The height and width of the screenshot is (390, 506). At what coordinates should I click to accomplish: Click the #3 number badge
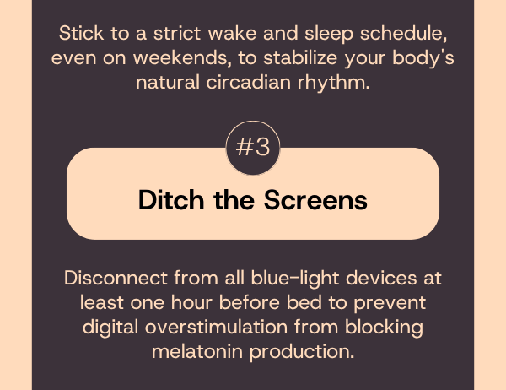click(x=253, y=148)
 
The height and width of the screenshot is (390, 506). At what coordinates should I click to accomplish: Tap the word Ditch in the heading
click(x=171, y=200)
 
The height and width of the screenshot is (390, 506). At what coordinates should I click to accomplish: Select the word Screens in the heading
click(x=315, y=200)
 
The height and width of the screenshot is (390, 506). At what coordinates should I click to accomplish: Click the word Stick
click(x=81, y=33)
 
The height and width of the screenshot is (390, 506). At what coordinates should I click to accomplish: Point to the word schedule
click(x=404, y=34)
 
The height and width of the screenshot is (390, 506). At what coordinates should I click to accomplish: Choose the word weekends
click(x=182, y=58)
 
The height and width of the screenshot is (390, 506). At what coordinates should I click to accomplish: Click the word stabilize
click(x=300, y=58)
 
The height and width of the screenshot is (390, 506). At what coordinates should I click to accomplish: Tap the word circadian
click(x=249, y=82)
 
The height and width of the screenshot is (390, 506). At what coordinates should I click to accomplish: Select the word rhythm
click(x=334, y=84)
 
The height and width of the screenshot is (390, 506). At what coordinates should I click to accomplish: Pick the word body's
click(x=423, y=58)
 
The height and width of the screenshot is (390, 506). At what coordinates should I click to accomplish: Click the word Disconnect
click(x=116, y=278)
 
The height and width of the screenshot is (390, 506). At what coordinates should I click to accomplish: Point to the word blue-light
click(x=295, y=279)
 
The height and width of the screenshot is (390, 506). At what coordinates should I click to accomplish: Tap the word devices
click(x=381, y=278)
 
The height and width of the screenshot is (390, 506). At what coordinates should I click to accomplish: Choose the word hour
click(x=191, y=302)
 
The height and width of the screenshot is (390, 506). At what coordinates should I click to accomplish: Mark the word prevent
click(x=390, y=304)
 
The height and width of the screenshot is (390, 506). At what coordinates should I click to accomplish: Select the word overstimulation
click(x=216, y=327)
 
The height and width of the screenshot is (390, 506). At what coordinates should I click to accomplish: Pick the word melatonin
click(x=197, y=351)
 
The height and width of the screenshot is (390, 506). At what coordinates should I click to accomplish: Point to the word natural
click(x=168, y=82)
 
